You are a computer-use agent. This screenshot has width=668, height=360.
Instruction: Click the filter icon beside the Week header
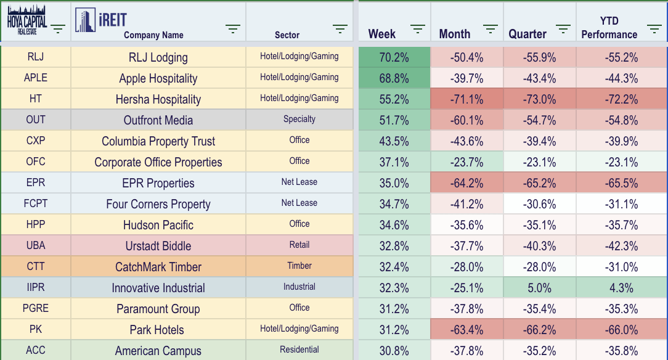pyautogui.click(x=418, y=29)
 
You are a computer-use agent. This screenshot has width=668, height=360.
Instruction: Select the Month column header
pyautogui.click(x=455, y=34)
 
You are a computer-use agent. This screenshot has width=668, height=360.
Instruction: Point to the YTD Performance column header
pyautogui.click(x=609, y=28)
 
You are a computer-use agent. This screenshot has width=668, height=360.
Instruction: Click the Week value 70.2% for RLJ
pyautogui.click(x=394, y=57)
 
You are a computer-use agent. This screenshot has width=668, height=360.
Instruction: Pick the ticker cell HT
pyautogui.click(x=36, y=99)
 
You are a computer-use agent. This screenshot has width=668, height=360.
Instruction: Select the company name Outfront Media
pyautogui.click(x=158, y=120)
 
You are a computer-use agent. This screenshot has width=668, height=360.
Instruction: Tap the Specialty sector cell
pyautogui.click(x=299, y=119)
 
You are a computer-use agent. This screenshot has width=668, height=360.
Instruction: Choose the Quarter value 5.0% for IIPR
pyautogui.click(x=539, y=288)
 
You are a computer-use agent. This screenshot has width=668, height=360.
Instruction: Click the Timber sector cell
pyautogui.click(x=299, y=266)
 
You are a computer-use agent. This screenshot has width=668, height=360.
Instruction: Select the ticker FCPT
pyautogui.click(x=36, y=203)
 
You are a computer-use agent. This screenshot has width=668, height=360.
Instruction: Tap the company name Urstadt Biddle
pyautogui.click(x=158, y=246)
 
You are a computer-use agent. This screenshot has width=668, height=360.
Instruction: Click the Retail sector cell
pyautogui.click(x=299, y=245)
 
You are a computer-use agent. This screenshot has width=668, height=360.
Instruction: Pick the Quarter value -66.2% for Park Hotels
pyautogui.click(x=539, y=330)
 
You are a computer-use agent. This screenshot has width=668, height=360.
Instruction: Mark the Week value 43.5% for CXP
pyautogui.click(x=394, y=141)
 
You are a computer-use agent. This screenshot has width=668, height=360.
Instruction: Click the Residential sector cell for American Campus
pyautogui.click(x=299, y=350)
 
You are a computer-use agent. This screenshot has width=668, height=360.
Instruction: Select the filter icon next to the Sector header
pyautogui.click(x=340, y=29)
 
